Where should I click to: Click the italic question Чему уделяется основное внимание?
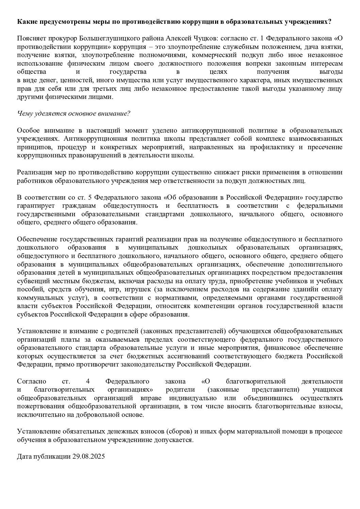tap(73, 114)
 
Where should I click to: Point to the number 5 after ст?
tap(92, 198)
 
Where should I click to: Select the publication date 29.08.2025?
tap(88, 457)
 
